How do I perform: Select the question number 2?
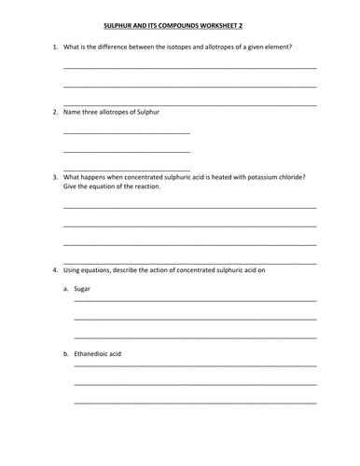tap(54, 112)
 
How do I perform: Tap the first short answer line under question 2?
tap(126, 133)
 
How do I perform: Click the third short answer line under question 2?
tap(126, 167)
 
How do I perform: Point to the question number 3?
tap(54, 176)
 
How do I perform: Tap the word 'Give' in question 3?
tap(70, 185)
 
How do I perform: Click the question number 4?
tap(54, 270)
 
